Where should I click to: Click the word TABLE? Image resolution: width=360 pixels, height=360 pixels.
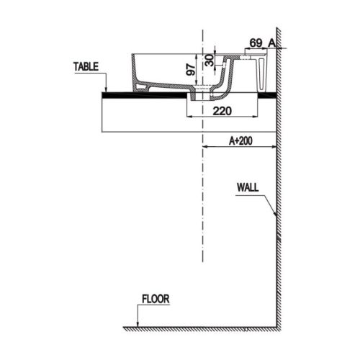point(85,66)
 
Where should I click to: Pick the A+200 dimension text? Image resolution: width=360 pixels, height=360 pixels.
point(240,142)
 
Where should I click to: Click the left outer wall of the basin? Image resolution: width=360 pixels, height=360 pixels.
point(134,72)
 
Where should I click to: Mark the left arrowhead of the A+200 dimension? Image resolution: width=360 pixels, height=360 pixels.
point(207,148)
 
